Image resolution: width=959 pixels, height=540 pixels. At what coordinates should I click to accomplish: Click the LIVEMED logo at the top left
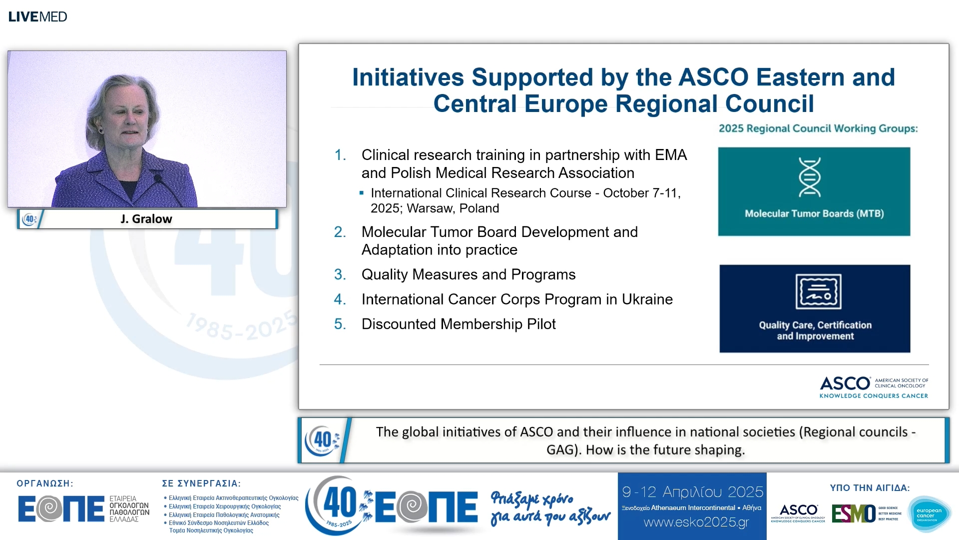(37, 16)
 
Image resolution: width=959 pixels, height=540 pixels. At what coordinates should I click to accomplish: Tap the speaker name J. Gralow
(146, 219)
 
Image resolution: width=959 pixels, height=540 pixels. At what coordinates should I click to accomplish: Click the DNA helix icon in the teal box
(809, 177)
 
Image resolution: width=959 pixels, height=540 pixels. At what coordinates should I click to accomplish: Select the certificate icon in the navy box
(818, 291)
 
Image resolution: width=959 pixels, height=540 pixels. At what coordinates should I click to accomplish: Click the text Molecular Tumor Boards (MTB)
(814, 213)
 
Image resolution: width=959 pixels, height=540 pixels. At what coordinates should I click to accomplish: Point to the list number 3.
(340, 274)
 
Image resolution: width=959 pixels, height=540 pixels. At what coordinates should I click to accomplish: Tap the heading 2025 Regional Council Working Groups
(818, 128)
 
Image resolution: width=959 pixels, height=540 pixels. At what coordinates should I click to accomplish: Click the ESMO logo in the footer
(854, 513)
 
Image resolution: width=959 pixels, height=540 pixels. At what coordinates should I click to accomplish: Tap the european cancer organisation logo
(929, 514)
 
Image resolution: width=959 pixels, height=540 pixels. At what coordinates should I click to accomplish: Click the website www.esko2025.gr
(696, 522)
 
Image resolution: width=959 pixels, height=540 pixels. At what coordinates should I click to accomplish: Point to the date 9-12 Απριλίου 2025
(692, 492)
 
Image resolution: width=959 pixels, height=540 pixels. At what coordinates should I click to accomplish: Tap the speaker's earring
(101, 131)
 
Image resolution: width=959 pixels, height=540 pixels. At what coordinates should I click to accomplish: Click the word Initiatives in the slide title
(408, 77)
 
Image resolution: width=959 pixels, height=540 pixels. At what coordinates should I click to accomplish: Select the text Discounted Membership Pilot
(459, 324)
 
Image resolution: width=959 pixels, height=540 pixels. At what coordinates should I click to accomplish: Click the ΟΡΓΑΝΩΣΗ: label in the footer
(45, 483)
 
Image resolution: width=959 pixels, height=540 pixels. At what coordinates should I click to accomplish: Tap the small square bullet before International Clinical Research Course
(362, 193)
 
